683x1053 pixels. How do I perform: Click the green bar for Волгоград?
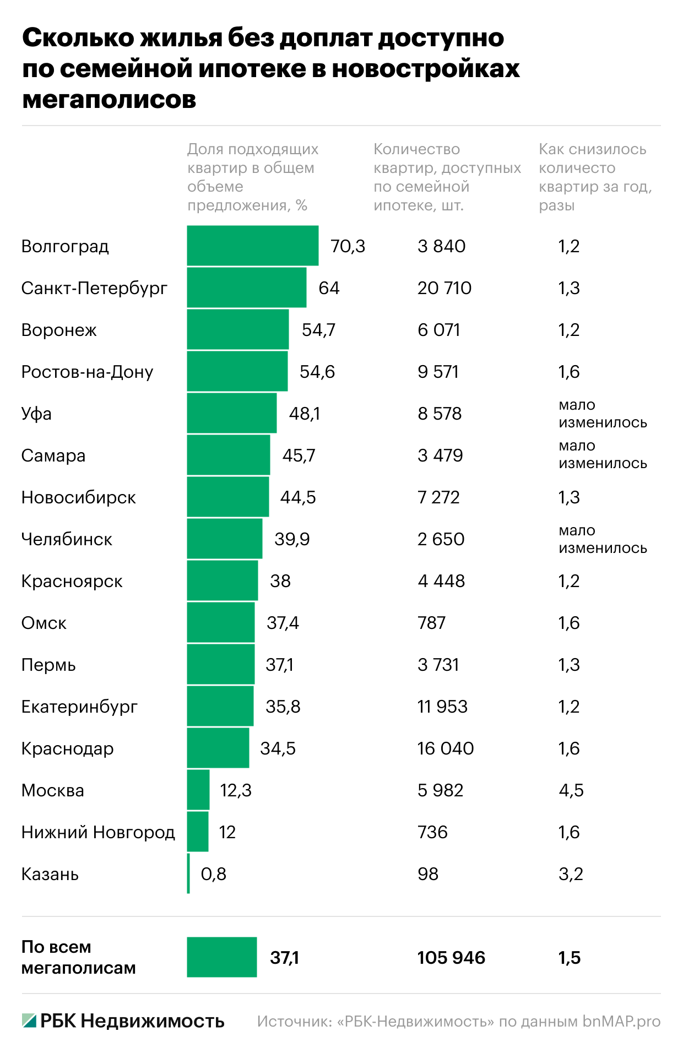click(x=252, y=246)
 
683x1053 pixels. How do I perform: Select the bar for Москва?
click(x=198, y=790)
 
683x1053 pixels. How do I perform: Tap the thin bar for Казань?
click(x=188, y=873)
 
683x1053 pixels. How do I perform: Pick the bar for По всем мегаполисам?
click(x=221, y=957)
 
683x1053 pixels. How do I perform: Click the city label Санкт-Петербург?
click(x=94, y=288)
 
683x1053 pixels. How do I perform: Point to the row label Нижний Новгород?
click(x=98, y=832)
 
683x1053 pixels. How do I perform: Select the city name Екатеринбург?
click(x=79, y=707)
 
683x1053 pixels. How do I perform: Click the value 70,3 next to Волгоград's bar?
click(x=348, y=246)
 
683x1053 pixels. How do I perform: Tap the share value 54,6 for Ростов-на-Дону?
click(x=317, y=372)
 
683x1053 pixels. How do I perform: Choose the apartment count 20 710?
click(x=444, y=288)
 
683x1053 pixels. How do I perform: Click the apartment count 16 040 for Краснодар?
click(x=445, y=748)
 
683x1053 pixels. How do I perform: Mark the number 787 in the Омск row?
click(x=431, y=623)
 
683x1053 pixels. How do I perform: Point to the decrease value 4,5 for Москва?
click(x=571, y=790)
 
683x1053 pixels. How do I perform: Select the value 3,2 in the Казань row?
click(x=571, y=874)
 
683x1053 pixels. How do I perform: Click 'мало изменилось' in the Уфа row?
click(x=602, y=414)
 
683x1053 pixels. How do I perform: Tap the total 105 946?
click(x=451, y=958)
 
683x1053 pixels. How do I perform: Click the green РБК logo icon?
click(x=29, y=1021)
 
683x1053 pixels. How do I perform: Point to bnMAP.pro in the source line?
click(x=621, y=1021)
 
